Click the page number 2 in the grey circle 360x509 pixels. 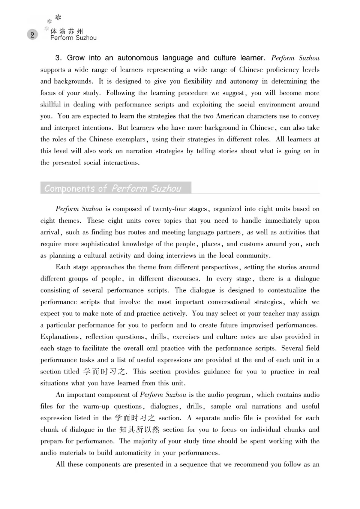click(32, 35)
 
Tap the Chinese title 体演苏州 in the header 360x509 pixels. click(67, 32)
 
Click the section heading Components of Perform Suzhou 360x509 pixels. click(112, 188)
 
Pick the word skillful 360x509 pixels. click(52, 105)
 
